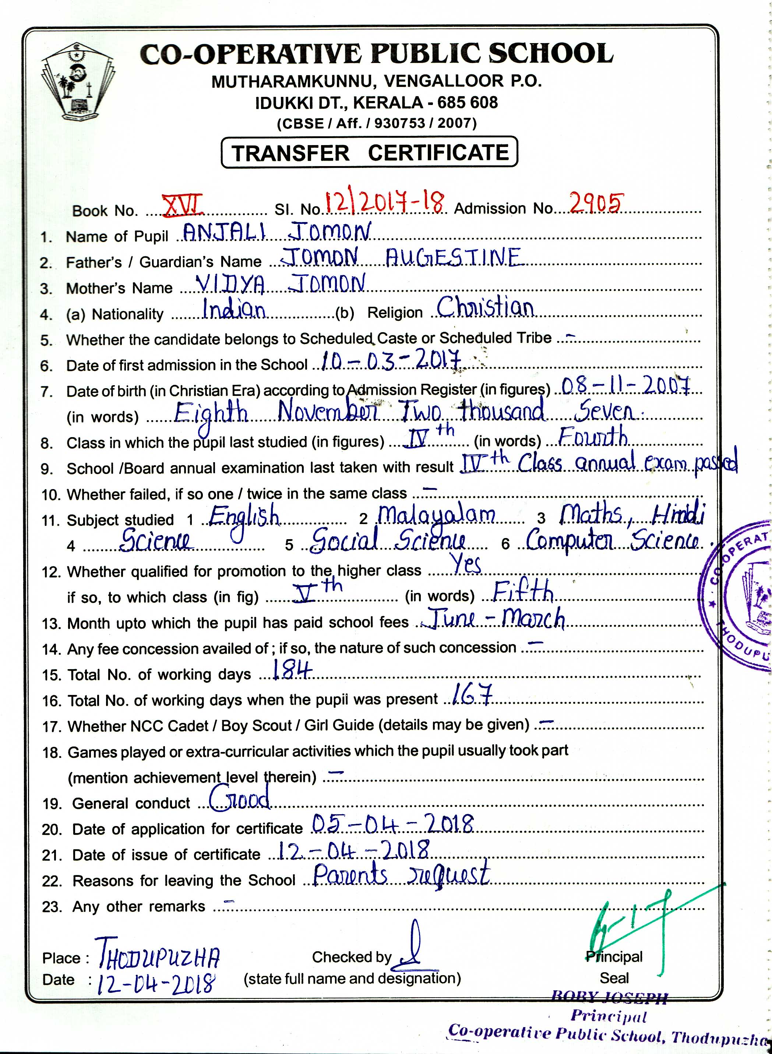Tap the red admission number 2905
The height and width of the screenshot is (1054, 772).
coord(596,203)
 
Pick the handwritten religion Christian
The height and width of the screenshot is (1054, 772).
coord(485,308)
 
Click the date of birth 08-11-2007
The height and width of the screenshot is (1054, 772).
coord(625,386)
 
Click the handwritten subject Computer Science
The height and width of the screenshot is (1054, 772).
coord(612,541)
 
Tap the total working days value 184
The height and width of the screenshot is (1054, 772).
coord(291,670)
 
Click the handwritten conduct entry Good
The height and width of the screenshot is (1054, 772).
coord(239,797)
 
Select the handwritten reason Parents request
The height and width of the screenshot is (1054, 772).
coord(401,875)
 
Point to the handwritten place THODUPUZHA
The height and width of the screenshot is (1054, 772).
coord(158,953)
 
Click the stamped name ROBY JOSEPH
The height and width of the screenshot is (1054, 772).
coord(609,998)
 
